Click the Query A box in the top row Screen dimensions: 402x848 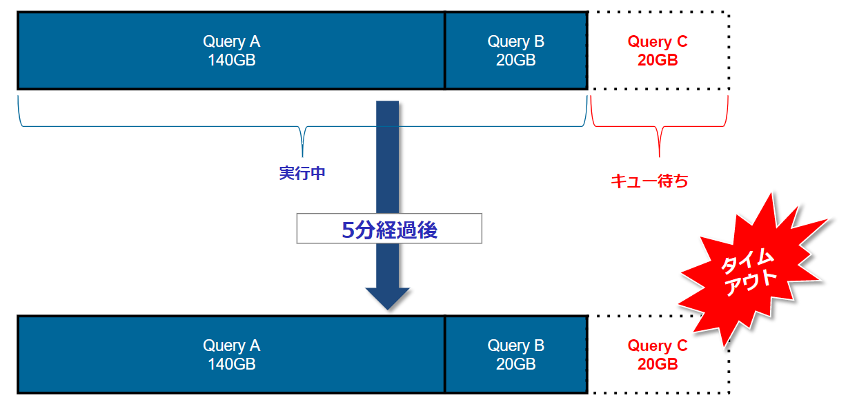click(231, 50)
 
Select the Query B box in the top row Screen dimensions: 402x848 click(515, 50)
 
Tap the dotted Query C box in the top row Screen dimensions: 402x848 click(658, 50)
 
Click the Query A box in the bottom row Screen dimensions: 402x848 click(231, 354)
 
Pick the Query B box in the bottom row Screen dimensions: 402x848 click(515, 354)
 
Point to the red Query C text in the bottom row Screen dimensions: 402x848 click(657, 346)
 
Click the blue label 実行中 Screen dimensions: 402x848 click(302, 173)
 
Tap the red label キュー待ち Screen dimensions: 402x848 click(649, 181)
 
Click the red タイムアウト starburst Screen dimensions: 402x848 click(752, 269)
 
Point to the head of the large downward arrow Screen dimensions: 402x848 click(387, 298)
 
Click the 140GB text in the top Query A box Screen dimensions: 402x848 click(231, 60)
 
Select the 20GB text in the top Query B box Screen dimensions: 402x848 click(515, 60)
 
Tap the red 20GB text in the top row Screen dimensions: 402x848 click(658, 61)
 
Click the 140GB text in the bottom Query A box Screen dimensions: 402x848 click(231, 364)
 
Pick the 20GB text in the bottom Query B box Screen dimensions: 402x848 click(515, 364)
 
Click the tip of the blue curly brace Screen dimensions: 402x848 click(302, 153)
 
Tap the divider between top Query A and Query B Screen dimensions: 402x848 click(445, 50)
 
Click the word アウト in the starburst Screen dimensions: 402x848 click(751, 282)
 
